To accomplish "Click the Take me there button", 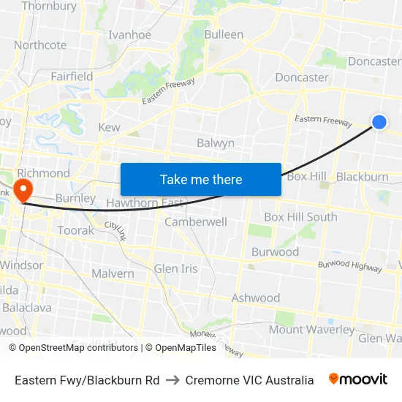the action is pos(201,179).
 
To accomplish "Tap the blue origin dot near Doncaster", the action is pos(379,122).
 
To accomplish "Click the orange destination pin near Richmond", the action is pos(23,189).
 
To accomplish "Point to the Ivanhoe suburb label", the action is pos(129,34).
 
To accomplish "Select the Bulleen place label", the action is pos(224,34).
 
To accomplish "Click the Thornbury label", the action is pos(49,7).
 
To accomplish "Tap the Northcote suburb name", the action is pos(40,45).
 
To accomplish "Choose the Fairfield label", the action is pos(72,76).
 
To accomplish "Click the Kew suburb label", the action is pos(108,127).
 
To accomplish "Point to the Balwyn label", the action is pos(216,143).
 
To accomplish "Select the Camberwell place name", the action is pos(196,221).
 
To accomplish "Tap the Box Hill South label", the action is pos(300,217).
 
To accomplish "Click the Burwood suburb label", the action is pos(275,252).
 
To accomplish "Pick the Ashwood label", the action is pos(256,297).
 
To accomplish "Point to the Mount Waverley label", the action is pos(311,330).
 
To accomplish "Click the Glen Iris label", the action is pos(175,269).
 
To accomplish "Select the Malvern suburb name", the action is pos(113,273).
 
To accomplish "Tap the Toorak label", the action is pos(75,230).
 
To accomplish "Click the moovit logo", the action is pos(358,379).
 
